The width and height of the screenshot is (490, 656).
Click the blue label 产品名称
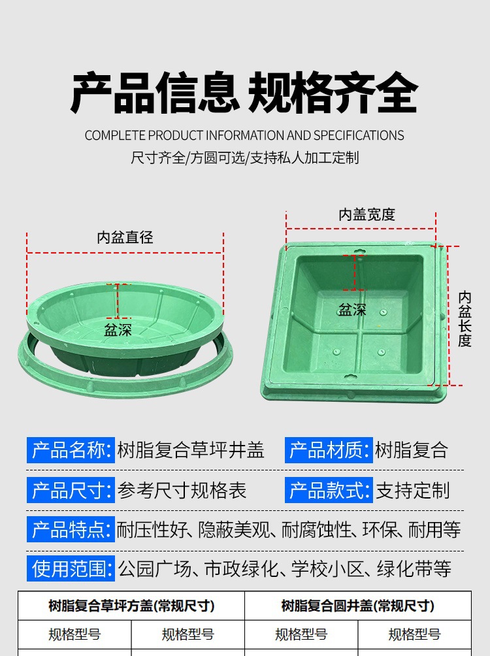71,450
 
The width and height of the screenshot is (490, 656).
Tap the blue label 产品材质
329,450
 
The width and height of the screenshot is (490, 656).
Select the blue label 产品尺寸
71,490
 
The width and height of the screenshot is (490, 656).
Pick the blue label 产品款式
329,490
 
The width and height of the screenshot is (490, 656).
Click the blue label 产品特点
71,529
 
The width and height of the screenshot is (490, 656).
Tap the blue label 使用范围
71,568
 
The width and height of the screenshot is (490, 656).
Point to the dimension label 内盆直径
125,237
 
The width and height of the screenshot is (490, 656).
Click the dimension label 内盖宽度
367,214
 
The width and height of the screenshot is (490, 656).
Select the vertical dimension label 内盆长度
465,320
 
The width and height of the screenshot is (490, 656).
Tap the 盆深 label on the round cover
118,330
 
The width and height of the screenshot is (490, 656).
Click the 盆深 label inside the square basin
352,310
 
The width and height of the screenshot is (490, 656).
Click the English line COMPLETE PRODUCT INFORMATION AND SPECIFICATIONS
244,135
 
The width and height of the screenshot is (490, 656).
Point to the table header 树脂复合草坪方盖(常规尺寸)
131,606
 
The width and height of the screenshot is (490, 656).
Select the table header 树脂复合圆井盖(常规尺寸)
358,606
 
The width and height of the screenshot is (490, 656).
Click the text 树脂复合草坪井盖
191,450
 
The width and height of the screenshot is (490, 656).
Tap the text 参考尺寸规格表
182,490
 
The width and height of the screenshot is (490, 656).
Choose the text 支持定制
413,490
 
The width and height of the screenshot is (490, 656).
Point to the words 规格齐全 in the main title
333,93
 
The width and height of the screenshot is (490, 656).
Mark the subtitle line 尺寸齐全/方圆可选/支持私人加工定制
245,157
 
